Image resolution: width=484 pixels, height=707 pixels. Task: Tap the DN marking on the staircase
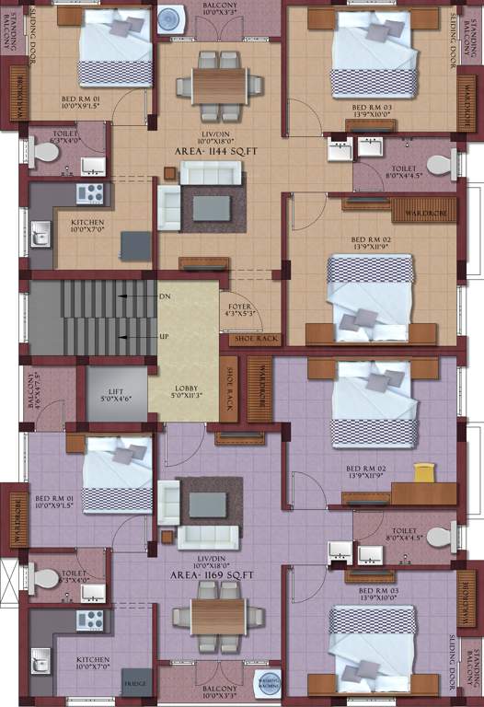pyautogui.click(x=165, y=296)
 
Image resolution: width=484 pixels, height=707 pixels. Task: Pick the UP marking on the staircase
pyautogui.click(x=165, y=337)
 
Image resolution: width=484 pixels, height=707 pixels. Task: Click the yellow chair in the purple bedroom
pyautogui.click(x=423, y=472)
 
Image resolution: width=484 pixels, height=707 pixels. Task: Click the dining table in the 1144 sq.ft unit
pyautogui.click(x=220, y=86)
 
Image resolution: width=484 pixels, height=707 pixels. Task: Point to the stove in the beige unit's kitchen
pyautogui.click(x=89, y=192)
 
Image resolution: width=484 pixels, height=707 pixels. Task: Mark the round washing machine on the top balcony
pyautogui.click(x=171, y=19)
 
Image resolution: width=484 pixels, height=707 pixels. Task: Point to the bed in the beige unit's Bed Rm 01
pyautogui.click(x=114, y=41)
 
